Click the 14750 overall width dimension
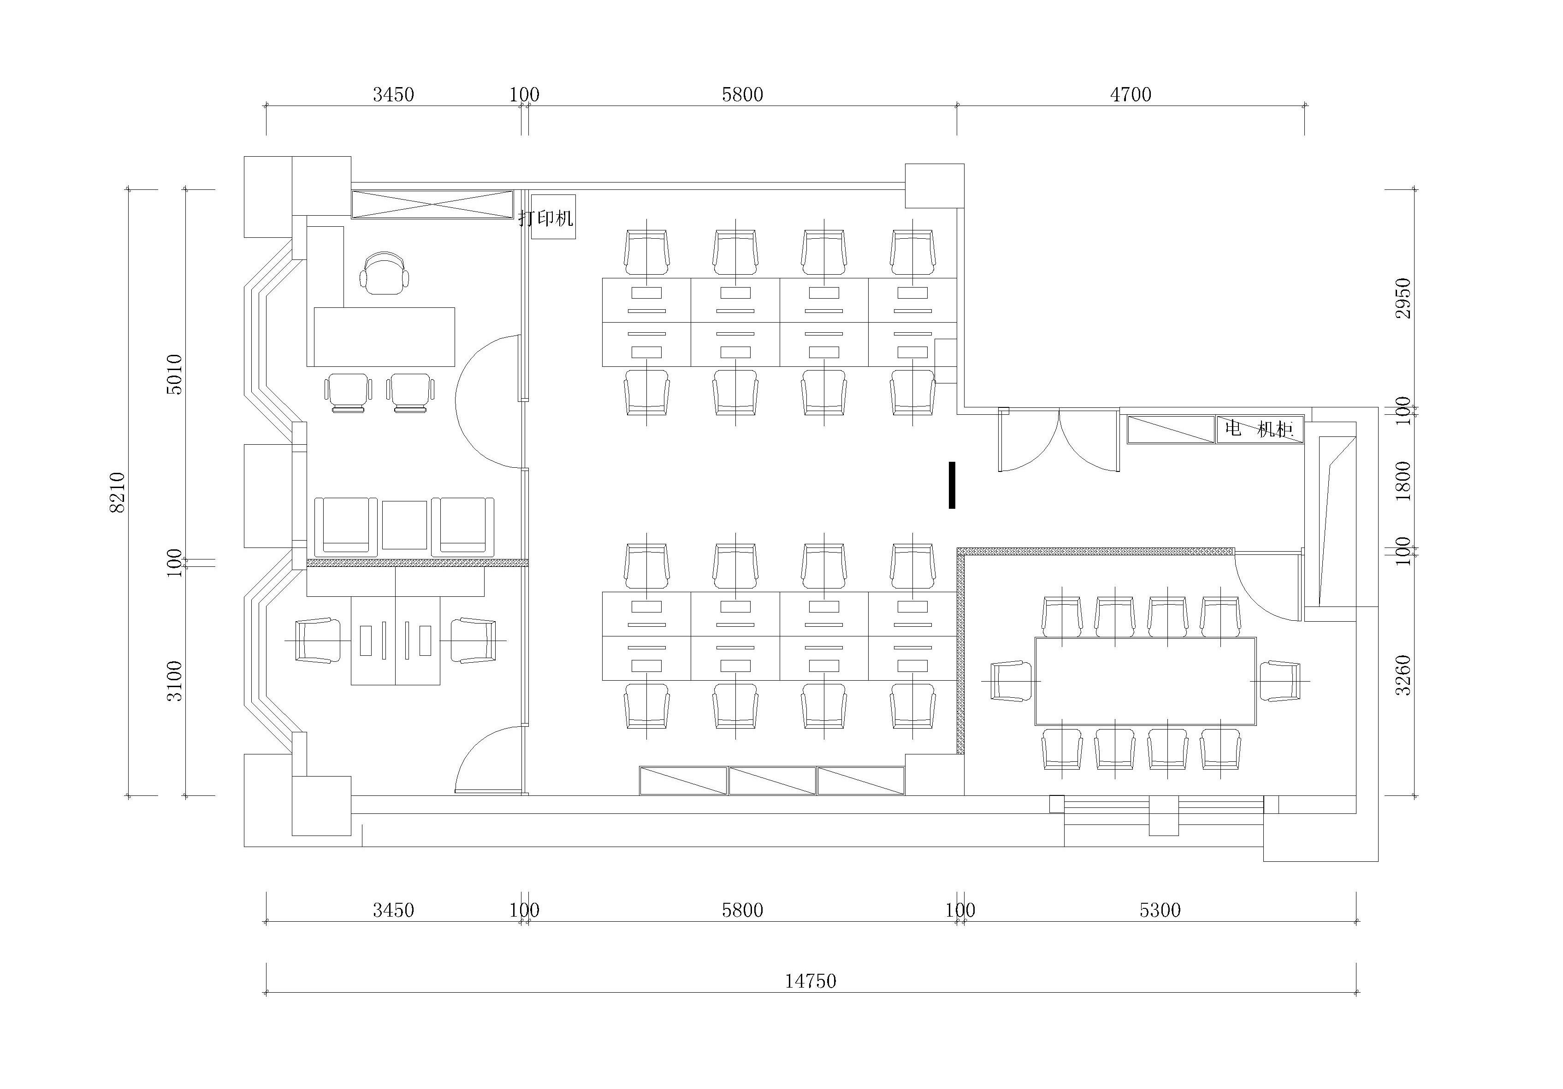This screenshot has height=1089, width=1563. [x=810, y=981]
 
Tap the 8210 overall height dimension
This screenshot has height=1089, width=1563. [x=117, y=492]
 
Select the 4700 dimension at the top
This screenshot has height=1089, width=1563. [x=1131, y=94]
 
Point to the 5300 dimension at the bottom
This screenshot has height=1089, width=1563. [x=1160, y=910]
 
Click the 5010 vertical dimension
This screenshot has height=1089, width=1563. [x=175, y=374]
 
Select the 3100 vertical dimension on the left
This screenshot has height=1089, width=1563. [x=175, y=681]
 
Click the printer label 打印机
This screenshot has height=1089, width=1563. [x=546, y=218]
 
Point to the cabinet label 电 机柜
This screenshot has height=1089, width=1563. [x=1259, y=429]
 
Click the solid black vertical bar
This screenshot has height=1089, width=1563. [x=952, y=485]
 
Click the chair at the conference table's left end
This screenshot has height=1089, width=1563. [x=1012, y=681]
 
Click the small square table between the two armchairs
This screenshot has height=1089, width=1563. [x=404, y=525]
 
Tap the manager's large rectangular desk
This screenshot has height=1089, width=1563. [x=385, y=337]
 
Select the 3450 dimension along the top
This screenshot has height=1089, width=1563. [x=393, y=94]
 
